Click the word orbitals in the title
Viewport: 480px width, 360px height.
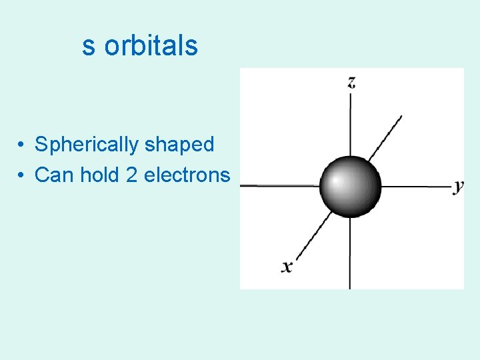coord(151,46)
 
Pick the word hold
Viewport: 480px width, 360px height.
coord(100,175)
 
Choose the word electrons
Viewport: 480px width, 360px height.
coord(187,175)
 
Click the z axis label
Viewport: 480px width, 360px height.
coord(351,82)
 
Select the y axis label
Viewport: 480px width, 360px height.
coord(458,187)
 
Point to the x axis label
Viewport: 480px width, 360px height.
coord(287,267)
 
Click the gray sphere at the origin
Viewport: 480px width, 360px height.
coord(351,186)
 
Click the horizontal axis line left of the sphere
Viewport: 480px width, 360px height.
coord(280,185)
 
